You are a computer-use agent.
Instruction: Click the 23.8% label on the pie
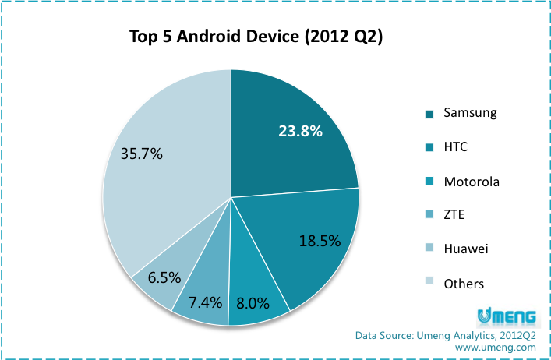[x=301, y=131]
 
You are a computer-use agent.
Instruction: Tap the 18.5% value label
[x=320, y=241]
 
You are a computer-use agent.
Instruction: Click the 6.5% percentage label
[x=164, y=277]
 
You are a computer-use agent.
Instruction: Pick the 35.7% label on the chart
[x=142, y=154]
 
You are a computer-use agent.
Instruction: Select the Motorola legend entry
[x=471, y=182]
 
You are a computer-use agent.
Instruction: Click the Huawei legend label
[x=465, y=249]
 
